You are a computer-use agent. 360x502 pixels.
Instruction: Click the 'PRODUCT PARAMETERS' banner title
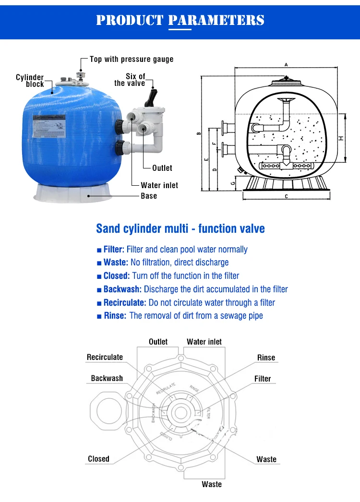tap(180, 20)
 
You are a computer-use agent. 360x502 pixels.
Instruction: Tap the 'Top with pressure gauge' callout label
tap(132, 59)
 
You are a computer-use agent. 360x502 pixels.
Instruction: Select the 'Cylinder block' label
tap(30, 81)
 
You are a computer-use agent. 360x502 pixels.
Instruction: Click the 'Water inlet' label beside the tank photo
tap(159, 185)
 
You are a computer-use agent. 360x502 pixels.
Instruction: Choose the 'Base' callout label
tap(149, 196)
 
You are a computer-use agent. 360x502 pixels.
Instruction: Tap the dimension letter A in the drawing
tap(286, 64)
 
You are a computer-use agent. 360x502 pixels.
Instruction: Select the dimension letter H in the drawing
tap(340, 138)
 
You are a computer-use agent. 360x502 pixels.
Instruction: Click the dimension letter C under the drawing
tap(286, 196)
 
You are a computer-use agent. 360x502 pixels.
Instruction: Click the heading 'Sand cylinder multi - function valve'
tap(180, 228)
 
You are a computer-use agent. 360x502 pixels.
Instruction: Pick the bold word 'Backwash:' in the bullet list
tap(122, 289)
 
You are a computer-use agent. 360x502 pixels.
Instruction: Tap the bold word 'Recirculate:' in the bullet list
tap(125, 302)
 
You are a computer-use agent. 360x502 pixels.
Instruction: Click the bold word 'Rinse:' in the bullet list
tap(115, 315)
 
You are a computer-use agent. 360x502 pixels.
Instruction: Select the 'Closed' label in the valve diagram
tap(98, 459)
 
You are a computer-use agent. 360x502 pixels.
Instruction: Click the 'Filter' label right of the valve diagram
tap(263, 379)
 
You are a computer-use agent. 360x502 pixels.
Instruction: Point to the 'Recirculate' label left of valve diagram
tap(105, 357)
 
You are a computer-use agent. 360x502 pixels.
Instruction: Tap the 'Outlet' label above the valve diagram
tap(158, 342)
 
